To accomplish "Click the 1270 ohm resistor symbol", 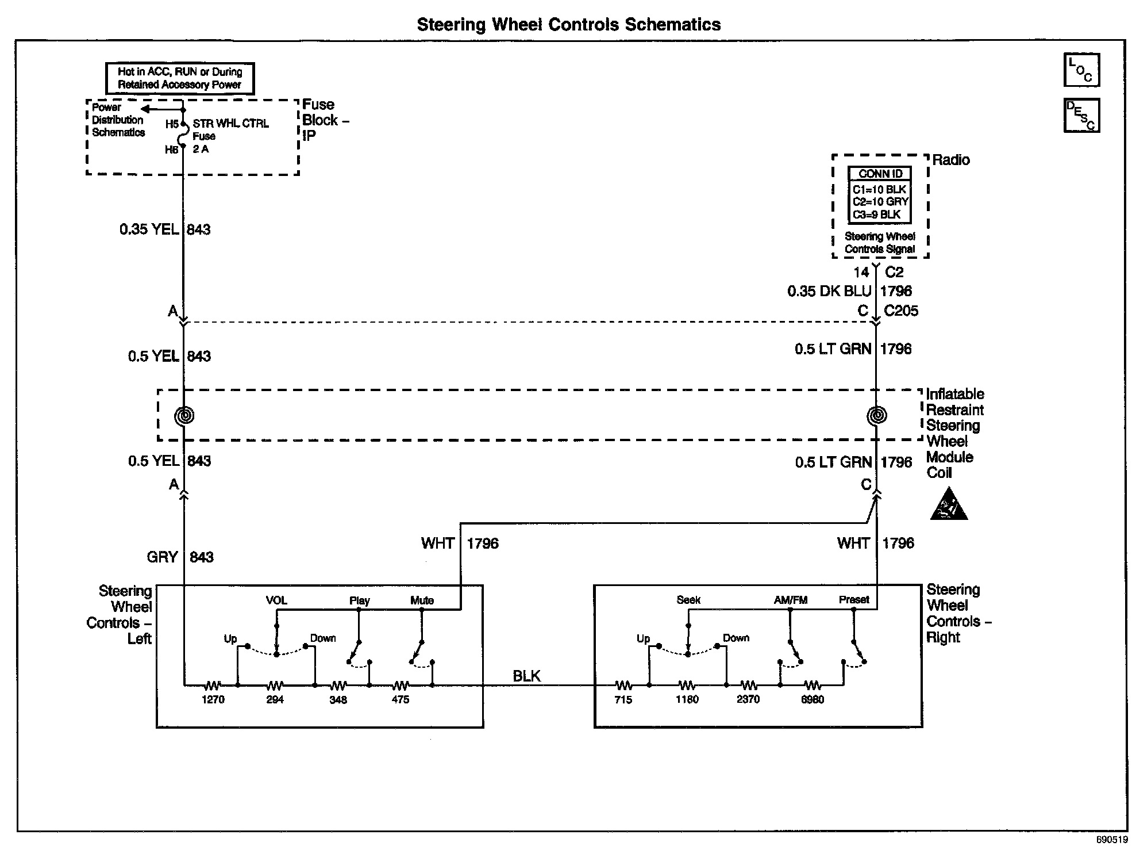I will pyautogui.click(x=212, y=685).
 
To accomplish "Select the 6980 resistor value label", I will pyautogui.click(x=813, y=700).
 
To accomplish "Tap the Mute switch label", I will pyautogui.click(x=422, y=600).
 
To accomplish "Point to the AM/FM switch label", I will pyautogui.click(x=791, y=600).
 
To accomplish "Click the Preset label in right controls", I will pyautogui.click(x=854, y=599).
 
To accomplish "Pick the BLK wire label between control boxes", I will pyautogui.click(x=526, y=676).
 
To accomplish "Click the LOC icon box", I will pyautogui.click(x=1081, y=70).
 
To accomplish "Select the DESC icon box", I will pyautogui.click(x=1081, y=116).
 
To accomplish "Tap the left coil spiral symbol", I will pyautogui.click(x=184, y=415).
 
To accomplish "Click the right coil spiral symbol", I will pyautogui.click(x=876, y=415).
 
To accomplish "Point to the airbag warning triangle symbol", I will pyautogui.click(x=949, y=505).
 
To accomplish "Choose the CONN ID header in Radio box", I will pyautogui.click(x=880, y=174).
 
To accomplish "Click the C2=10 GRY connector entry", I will pyautogui.click(x=880, y=202).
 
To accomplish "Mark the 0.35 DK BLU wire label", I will pyautogui.click(x=829, y=292).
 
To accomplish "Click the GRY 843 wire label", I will pyautogui.click(x=180, y=557).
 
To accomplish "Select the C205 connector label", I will pyautogui.click(x=901, y=311).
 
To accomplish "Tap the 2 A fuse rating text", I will pyautogui.click(x=201, y=149).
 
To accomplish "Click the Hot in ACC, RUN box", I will pyautogui.click(x=180, y=78).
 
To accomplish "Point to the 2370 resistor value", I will pyautogui.click(x=748, y=699).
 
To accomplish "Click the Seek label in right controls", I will pyautogui.click(x=688, y=600).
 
